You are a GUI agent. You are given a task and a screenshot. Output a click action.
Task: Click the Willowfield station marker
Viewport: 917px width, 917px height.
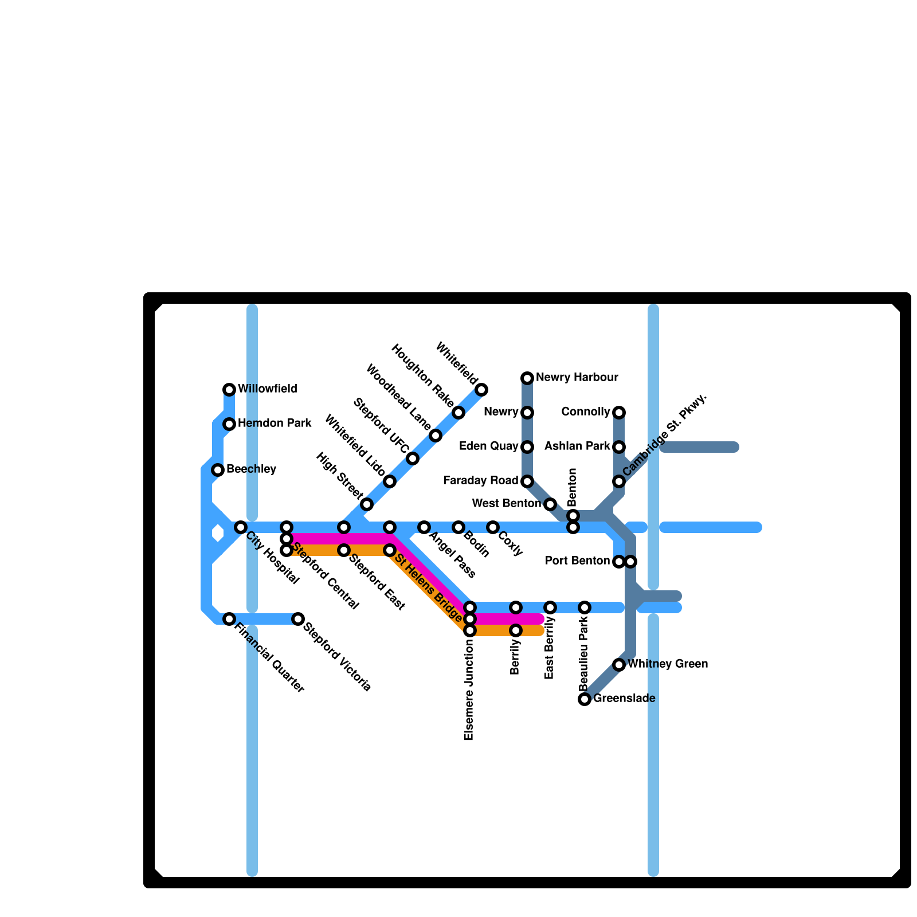coord(229,390)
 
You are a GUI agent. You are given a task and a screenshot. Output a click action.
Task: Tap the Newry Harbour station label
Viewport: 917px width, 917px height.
coord(577,378)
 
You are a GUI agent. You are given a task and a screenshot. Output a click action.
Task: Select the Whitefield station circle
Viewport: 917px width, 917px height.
coord(481,390)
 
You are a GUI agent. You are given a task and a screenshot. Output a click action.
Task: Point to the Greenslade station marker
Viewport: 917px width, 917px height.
coord(585,699)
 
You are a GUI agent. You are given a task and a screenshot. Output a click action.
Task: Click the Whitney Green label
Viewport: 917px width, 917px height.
coord(668,664)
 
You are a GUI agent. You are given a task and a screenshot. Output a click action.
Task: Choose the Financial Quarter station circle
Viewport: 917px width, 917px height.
coord(229,619)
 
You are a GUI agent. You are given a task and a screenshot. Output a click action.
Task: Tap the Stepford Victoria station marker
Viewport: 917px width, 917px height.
coord(298,619)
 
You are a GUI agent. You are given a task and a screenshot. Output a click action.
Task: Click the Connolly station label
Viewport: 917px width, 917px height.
coord(586,412)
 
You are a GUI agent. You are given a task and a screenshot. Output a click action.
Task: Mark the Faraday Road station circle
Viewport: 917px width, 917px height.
coord(527,481)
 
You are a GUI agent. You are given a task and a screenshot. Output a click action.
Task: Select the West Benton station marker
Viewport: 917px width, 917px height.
coord(550,504)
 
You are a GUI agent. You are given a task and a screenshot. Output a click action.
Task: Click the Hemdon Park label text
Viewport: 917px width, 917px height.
coord(275,424)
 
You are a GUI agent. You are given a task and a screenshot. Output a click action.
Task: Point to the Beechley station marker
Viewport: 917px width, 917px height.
coord(218,470)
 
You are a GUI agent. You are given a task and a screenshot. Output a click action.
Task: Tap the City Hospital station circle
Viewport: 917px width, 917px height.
coord(241,527)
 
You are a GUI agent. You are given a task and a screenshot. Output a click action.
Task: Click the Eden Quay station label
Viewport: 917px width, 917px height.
coord(489,446)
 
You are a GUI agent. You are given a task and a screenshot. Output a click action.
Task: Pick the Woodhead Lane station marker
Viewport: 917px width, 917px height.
coord(436,436)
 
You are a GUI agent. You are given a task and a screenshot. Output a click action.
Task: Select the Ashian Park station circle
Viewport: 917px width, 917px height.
coord(619,447)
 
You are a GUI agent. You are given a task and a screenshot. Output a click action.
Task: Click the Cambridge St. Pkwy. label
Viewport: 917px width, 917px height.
coord(665,435)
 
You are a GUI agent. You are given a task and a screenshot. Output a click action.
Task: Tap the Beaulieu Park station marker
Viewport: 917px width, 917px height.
coord(585,608)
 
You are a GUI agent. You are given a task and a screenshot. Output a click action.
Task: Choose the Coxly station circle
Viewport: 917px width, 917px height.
coord(493,527)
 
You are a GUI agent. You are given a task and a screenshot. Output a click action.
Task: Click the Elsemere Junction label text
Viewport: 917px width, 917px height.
coord(469,690)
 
